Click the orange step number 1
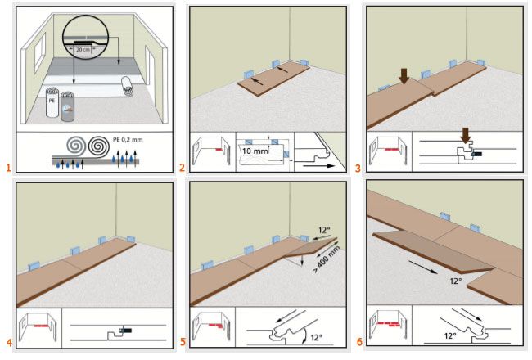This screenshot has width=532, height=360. point(7,168)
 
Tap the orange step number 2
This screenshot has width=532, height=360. point(182,168)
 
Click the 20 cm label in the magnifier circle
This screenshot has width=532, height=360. point(82,49)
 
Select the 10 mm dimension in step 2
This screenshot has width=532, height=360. point(255,151)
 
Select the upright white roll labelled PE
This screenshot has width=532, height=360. point(52,105)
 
